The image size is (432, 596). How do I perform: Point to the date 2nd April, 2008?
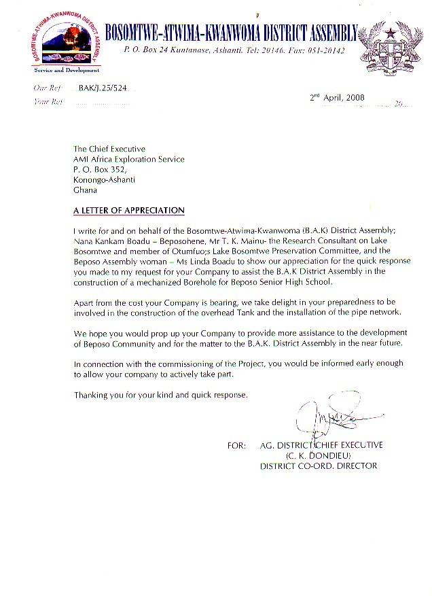(338, 98)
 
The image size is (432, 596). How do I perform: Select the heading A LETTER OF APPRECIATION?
(129, 210)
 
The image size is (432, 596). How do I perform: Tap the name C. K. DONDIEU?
(317, 455)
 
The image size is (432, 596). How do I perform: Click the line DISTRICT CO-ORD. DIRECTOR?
(319, 466)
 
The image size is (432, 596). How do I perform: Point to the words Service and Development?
(67, 70)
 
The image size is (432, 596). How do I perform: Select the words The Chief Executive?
(109, 149)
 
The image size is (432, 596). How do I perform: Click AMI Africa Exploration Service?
(129, 160)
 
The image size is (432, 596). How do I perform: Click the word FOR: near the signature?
(237, 445)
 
